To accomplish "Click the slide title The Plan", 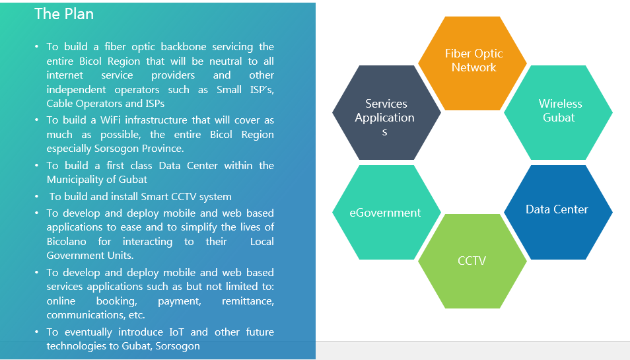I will tap(64, 14).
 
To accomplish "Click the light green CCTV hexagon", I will tap(472, 261).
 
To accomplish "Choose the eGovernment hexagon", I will tap(385, 213).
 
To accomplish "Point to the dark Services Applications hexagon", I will tap(385, 112).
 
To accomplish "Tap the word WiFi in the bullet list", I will tap(116, 120).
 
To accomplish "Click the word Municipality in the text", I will tap(73, 179).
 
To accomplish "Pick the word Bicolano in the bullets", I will tap(67, 242).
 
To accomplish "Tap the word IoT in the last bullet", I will tap(175, 332).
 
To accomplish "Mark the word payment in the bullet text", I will tap(178, 301).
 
